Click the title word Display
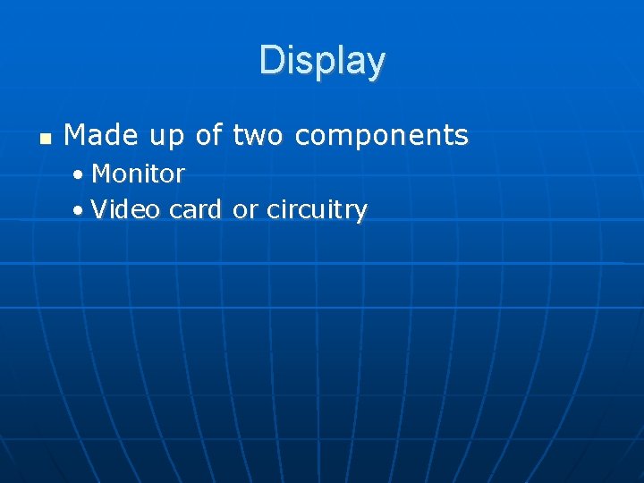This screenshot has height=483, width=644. tap(322, 61)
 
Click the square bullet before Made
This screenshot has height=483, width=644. tap(45, 139)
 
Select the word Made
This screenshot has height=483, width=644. tap(101, 135)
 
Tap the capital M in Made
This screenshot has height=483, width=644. tap(75, 135)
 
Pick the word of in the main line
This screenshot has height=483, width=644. tap(209, 135)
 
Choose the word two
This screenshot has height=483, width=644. tap(258, 135)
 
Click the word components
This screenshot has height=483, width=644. tap(381, 137)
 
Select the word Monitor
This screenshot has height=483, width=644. tap(138, 173)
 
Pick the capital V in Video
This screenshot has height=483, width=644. tap(98, 210)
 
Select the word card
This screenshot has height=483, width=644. tap(196, 210)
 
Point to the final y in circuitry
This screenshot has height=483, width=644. tap(360, 214)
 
